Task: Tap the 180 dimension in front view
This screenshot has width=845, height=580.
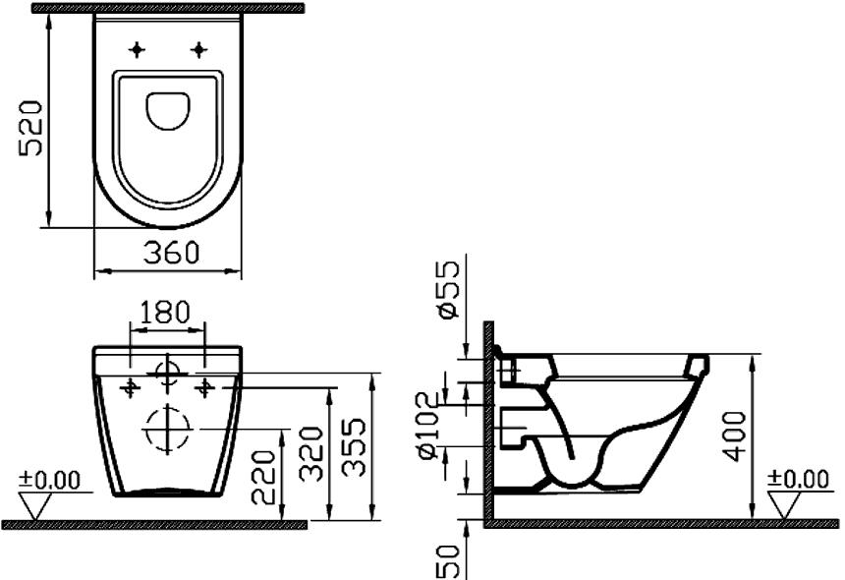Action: (x=167, y=314)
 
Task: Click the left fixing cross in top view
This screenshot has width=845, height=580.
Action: (x=138, y=48)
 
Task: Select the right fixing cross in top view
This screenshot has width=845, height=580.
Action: (x=200, y=48)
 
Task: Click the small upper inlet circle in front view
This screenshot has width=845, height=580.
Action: (x=167, y=373)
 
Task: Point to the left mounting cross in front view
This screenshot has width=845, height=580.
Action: (x=129, y=387)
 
